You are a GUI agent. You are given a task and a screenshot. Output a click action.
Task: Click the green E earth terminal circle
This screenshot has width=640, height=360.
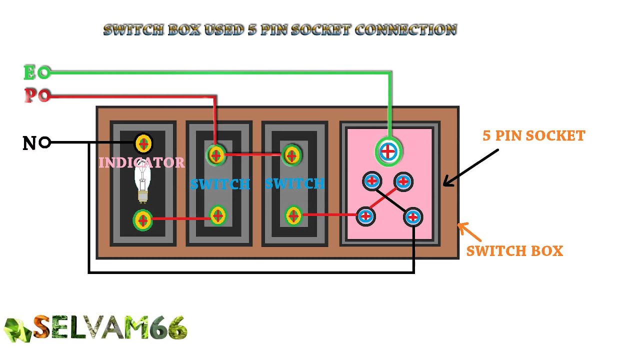pyautogui.click(x=44, y=73)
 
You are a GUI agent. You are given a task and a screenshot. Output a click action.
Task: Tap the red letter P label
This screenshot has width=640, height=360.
pyautogui.click(x=30, y=95)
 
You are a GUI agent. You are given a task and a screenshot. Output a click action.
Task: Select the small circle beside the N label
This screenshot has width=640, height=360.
pyautogui.click(x=44, y=143)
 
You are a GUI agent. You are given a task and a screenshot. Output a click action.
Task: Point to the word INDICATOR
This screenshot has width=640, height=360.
pyautogui.click(x=141, y=162)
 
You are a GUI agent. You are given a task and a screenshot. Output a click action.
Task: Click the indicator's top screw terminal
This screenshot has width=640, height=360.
pyautogui.click(x=143, y=144)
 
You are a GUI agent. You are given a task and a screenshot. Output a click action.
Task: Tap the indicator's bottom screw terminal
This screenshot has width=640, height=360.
pyautogui.click(x=142, y=220)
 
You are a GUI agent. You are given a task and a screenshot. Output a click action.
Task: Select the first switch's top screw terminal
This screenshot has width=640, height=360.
pyautogui.click(x=216, y=155)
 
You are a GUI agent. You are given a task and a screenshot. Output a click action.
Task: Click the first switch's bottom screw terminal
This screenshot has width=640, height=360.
pyautogui.click(x=217, y=216)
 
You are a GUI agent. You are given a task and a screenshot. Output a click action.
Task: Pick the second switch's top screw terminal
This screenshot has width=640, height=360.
pyautogui.click(x=291, y=155)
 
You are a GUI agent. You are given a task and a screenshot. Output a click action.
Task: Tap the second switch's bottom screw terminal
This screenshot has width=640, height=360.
pyautogui.click(x=293, y=216)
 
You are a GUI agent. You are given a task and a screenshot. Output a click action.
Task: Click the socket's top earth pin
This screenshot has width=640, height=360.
pyautogui.click(x=388, y=151)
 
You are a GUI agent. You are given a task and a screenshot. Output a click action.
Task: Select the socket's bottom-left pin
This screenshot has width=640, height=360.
pyautogui.click(x=366, y=216)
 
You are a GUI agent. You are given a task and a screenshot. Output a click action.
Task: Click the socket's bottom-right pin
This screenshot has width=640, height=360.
pyautogui.click(x=412, y=217)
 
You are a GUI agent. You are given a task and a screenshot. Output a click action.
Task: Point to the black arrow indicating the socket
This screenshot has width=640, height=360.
pyautogui.click(x=470, y=167)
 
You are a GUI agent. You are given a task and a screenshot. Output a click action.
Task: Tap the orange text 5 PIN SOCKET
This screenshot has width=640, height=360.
pyautogui.click(x=533, y=135)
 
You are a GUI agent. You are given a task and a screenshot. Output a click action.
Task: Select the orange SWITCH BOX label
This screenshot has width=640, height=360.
pyautogui.click(x=514, y=251)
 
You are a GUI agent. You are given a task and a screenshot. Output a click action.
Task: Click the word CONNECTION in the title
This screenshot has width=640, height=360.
pyautogui.click(x=405, y=29)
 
